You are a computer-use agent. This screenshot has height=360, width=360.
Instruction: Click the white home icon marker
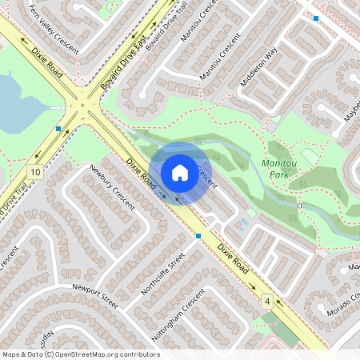[x=180, y=172]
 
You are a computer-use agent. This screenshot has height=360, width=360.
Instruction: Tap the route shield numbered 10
[x=34, y=172]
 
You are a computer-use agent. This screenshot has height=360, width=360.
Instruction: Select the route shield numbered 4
[x=266, y=300]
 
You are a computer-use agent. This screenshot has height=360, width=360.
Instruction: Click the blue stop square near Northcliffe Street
[x=198, y=235]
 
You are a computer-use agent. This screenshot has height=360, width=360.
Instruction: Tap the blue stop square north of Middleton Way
[x=316, y=18]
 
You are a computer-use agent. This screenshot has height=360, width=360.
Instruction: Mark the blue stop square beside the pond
[x=58, y=128]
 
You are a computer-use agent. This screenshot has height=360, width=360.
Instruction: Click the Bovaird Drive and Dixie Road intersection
[x=84, y=102]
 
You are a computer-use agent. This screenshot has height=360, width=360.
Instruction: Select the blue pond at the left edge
[x=16, y=104]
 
